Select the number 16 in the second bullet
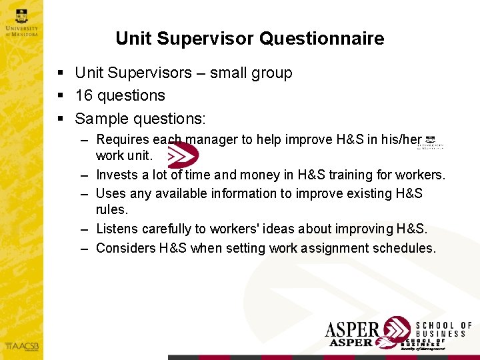(83, 95)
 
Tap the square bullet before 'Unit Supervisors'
(61, 73)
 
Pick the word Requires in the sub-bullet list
(123, 139)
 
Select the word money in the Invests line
(243, 175)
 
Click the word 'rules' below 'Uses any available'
(110, 209)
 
